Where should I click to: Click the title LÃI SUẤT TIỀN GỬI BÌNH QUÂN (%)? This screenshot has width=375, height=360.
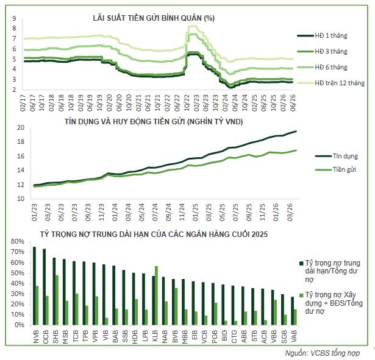coord(154,18)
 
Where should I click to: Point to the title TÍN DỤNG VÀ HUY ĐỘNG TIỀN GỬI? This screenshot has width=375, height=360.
coord(124,122)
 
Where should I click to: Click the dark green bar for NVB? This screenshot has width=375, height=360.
coord(34,286)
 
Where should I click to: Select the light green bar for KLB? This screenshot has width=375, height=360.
coord(157,295)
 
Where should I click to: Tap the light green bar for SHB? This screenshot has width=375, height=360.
coord(57,300)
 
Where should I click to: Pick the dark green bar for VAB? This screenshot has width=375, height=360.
coord(293,311)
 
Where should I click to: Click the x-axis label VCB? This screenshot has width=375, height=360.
coord(204,337)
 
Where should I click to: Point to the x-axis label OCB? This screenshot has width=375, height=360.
coord(46,337)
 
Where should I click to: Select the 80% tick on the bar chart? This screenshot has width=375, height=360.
coord(18,241)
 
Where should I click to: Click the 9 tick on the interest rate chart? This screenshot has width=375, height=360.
coord(14,18)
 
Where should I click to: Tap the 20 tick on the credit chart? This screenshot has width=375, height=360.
coord(21,127)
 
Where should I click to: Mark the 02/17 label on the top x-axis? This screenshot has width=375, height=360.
coord(23,103)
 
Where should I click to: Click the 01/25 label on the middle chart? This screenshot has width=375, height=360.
coord(195,213)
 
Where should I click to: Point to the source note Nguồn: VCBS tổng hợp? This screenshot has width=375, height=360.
coord(323,353)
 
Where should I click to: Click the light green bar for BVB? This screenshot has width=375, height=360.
coord(176,306)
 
